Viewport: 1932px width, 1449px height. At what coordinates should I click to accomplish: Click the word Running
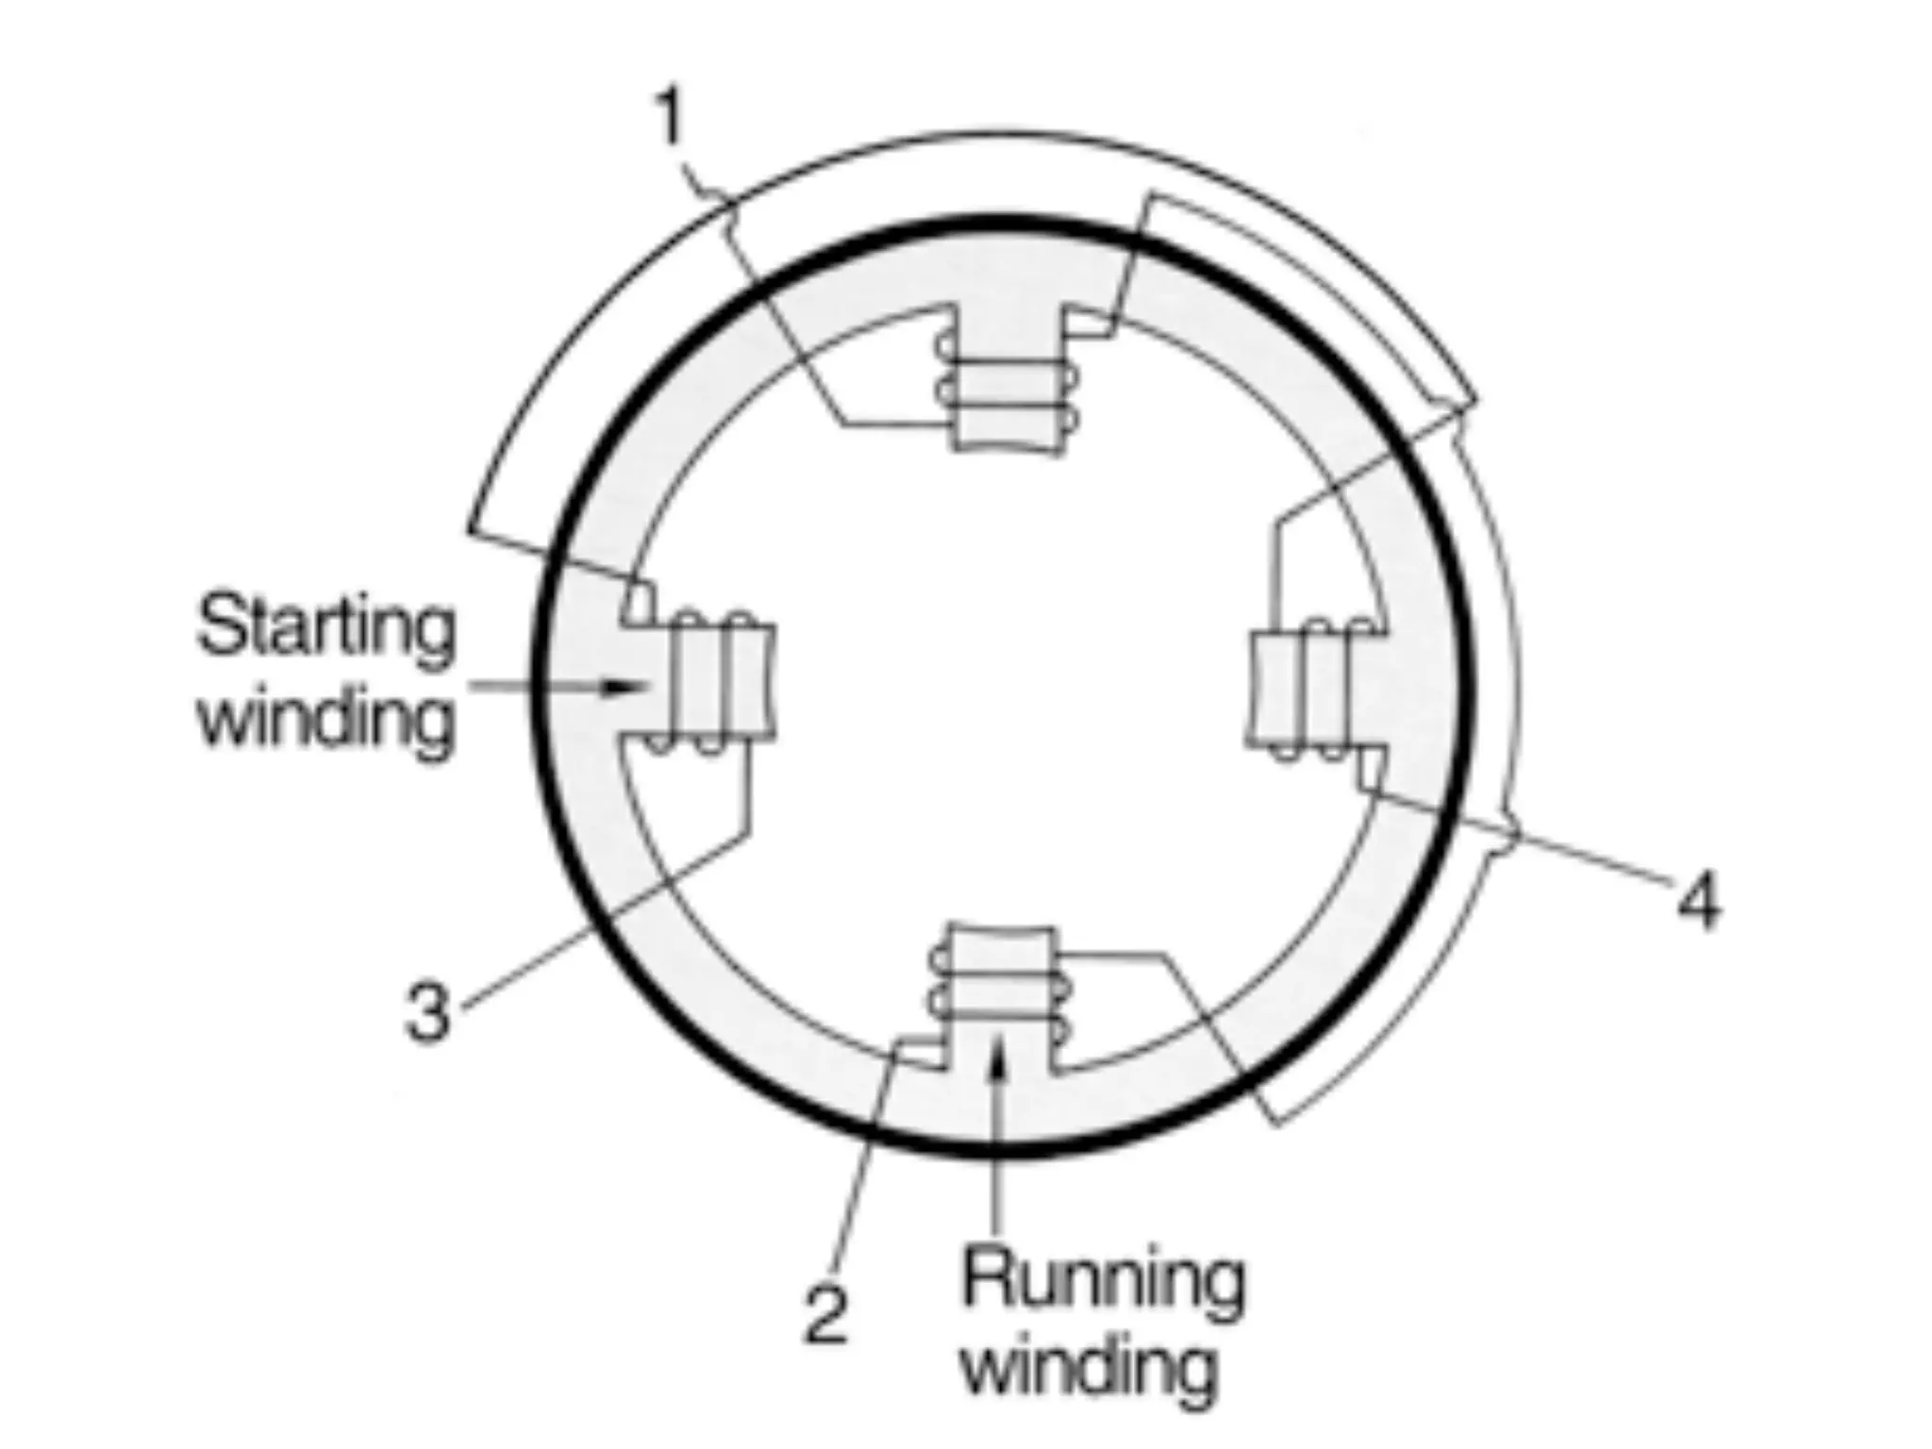[x=1102, y=1280]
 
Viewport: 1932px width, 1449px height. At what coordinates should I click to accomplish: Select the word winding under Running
[x=1091, y=1367]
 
